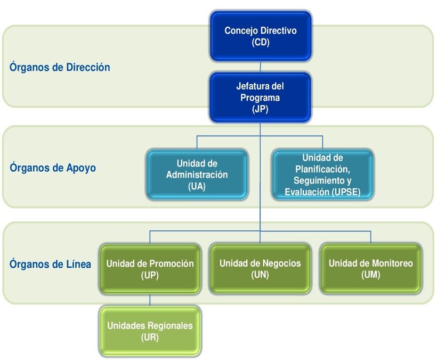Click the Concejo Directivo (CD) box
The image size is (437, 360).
(261, 36)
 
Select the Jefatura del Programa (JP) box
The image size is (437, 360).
(260, 97)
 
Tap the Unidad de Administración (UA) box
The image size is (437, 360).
(197, 174)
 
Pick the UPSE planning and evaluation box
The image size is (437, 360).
(322, 174)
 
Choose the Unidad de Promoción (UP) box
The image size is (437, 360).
(150, 269)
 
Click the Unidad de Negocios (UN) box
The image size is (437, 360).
(260, 269)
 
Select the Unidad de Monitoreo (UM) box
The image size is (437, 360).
(371, 269)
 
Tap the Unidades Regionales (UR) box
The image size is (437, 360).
(150, 331)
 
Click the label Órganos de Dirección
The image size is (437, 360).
(60, 67)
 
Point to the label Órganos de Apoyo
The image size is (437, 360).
(53, 168)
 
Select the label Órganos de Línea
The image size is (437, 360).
(50, 264)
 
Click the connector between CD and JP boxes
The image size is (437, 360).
(260, 67)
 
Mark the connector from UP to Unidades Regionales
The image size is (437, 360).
(150, 300)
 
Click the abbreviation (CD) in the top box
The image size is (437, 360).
(261, 42)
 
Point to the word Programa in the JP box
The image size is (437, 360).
(260, 98)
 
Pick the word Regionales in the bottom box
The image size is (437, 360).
(170, 326)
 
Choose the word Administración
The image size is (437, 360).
(197, 175)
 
